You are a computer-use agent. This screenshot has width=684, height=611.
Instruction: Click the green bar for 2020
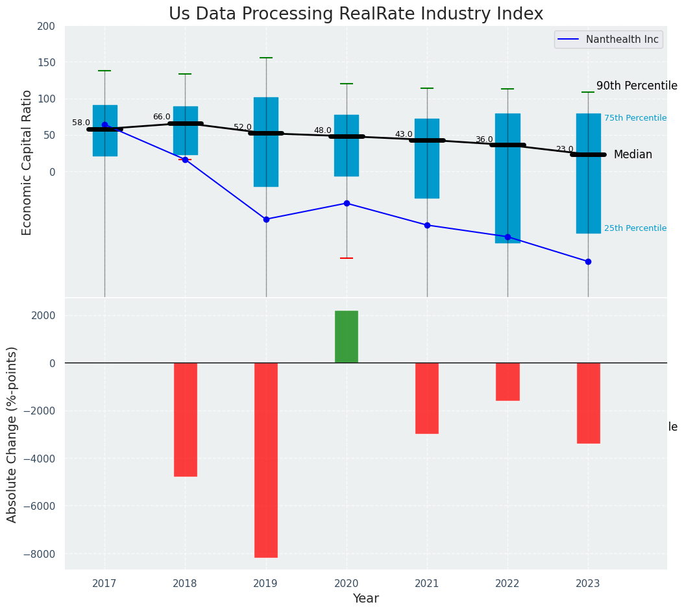pyautogui.click(x=346, y=337)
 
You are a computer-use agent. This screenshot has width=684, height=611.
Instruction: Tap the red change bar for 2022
pyautogui.click(x=507, y=381)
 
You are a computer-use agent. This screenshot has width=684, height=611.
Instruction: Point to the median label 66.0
pyautogui.click(x=162, y=117)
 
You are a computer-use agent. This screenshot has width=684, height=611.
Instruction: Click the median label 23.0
pyautogui.click(x=564, y=149)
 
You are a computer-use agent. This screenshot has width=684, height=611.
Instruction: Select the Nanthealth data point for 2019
pyautogui.click(x=265, y=219)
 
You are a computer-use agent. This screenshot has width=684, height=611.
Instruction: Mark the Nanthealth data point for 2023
pyautogui.click(x=588, y=261)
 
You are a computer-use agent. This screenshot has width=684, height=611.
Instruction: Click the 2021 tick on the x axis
pyautogui.click(x=426, y=584)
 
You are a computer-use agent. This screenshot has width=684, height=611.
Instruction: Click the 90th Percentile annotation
pyautogui.click(x=636, y=86)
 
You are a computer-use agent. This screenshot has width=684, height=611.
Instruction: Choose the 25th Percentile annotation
pyautogui.click(x=635, y=228)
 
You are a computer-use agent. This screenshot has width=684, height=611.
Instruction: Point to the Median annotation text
pyautogui.click(x=633, y=154)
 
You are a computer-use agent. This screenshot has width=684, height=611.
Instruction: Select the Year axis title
pyautogui.click(x=365, y=599)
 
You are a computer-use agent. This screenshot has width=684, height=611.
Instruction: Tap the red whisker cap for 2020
pyautogui.click(x=346, y=258)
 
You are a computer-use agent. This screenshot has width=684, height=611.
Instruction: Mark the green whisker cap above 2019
pyautogui.click(x=265, y=58)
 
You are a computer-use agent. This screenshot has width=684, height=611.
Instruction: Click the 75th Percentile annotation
pyautogui.click(x=635, y=118)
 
